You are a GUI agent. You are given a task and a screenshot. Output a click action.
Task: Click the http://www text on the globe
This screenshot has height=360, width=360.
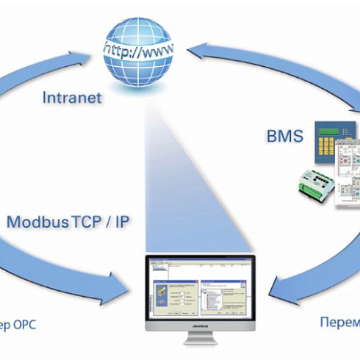coord(140,51)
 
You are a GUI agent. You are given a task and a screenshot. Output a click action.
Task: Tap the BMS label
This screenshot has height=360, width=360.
coord(283,135)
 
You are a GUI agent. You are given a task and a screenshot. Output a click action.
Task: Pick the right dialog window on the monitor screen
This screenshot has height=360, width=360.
coord(225,287)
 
